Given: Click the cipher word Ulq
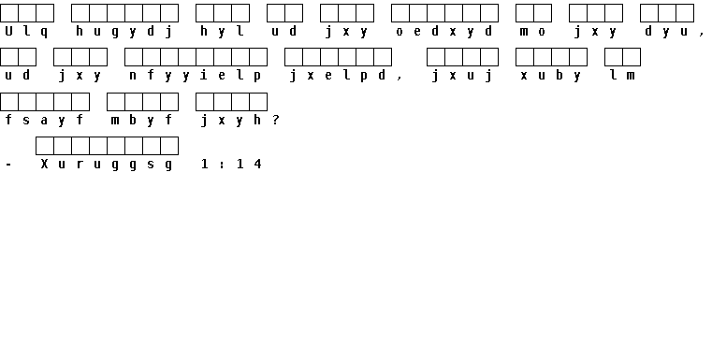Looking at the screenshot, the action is click(x=26, y=31).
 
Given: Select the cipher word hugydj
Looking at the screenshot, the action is click(x=124, y=32).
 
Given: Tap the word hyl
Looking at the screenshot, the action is click(x=222, y=31).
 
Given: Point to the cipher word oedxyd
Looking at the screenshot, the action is click(x=444, y=31).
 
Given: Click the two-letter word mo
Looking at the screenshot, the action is click(x=533, y=32).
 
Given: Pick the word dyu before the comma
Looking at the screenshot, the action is click(x=666, y=31).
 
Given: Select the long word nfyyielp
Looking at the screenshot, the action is click(x=196, y=76).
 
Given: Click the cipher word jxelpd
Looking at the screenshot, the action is click(x=338, y=76).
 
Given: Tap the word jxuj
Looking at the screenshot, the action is click(x=462, y=76).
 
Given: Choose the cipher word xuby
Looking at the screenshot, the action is click(x=551, y=76).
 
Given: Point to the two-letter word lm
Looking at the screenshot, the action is click(x=622, y=76).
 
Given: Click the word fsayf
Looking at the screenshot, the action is click(x=44, y=120).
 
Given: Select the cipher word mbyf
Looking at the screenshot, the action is click(x=142, y=120).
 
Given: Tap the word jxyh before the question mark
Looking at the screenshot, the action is click(x=231, y=120).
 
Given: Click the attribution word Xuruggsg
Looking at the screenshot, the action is click(x=107, y=165).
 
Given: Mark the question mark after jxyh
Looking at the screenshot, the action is click(x=276, y=120).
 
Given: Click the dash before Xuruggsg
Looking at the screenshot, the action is click(x=8, y=165).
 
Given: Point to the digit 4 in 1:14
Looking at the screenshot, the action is click(x=258, y=164).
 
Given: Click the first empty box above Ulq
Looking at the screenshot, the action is click(x=9, y=13).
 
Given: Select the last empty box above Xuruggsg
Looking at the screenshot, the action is click(x=169, y=146).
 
